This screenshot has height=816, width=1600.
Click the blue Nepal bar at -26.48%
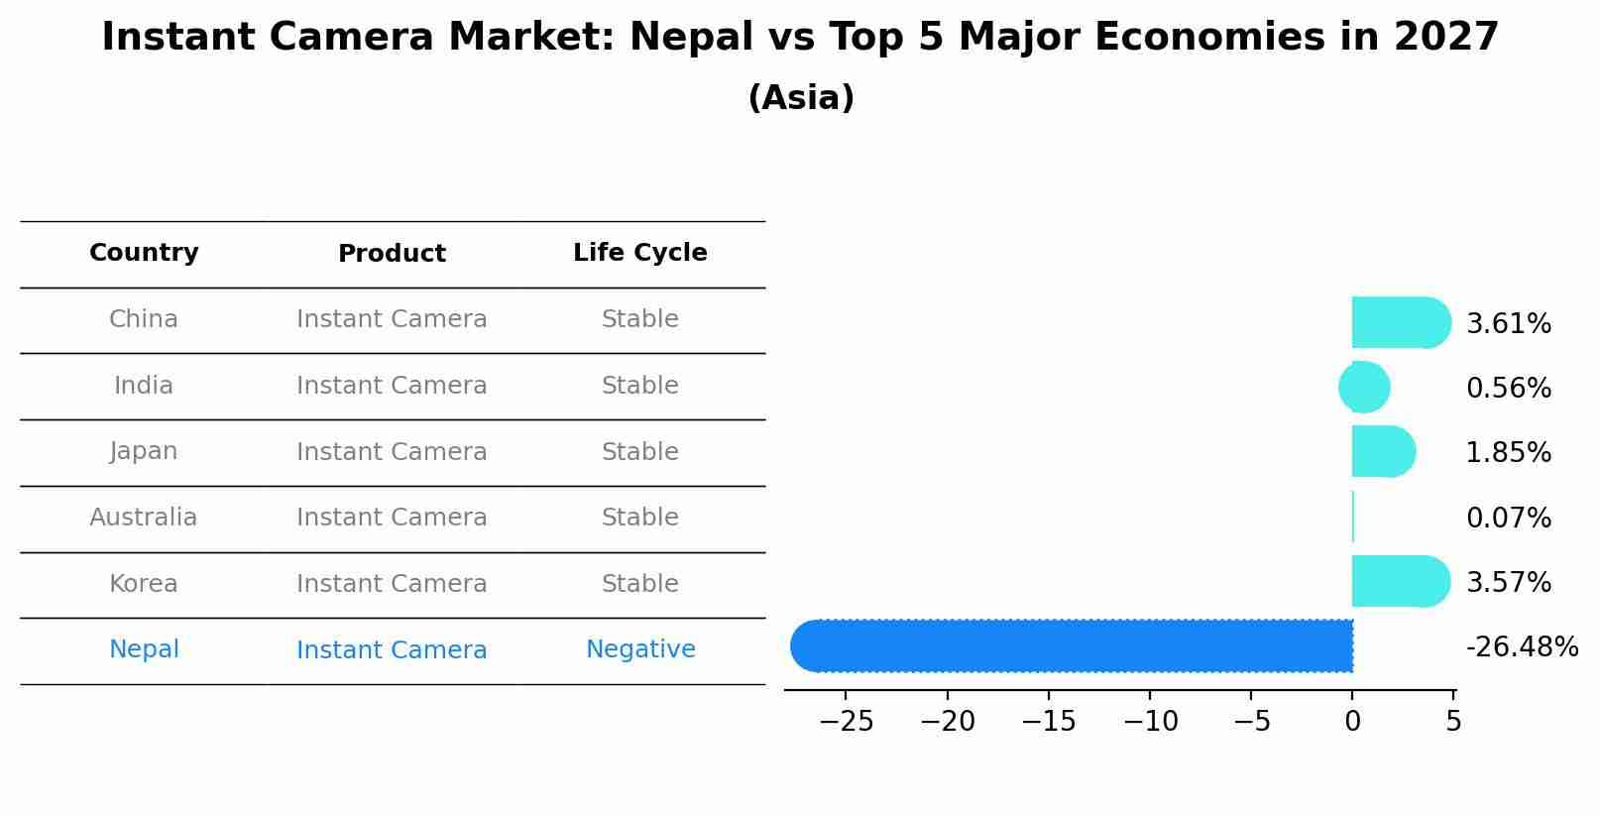click(1071, 645)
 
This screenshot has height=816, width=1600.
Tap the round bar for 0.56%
click(1365, 387)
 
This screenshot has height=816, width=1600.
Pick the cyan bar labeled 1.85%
click(1382, 451)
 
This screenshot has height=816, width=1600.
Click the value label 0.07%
click(1508, 518)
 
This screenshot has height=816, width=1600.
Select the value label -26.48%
click(1521, 647)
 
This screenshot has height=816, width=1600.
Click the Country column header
click(144, 253)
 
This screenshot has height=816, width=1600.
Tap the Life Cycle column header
click(639, 253)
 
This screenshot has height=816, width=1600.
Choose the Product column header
click(392, 254)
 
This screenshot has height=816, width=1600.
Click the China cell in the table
click(144, 319)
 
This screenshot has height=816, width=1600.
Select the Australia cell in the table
click(144, 518)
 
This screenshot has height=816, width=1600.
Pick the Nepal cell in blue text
click(144, 649)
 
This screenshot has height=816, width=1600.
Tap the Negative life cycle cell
click(640, 649)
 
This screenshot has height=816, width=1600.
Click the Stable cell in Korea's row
click(639, 584)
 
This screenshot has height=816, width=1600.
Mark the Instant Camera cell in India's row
click(392, 386)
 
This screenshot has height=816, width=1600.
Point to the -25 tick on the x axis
click(846, 722)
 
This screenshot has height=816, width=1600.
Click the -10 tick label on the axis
click(1150, 722)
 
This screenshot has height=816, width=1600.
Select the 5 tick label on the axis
click(1453, 722)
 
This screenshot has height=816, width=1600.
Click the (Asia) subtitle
click(800, 98)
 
